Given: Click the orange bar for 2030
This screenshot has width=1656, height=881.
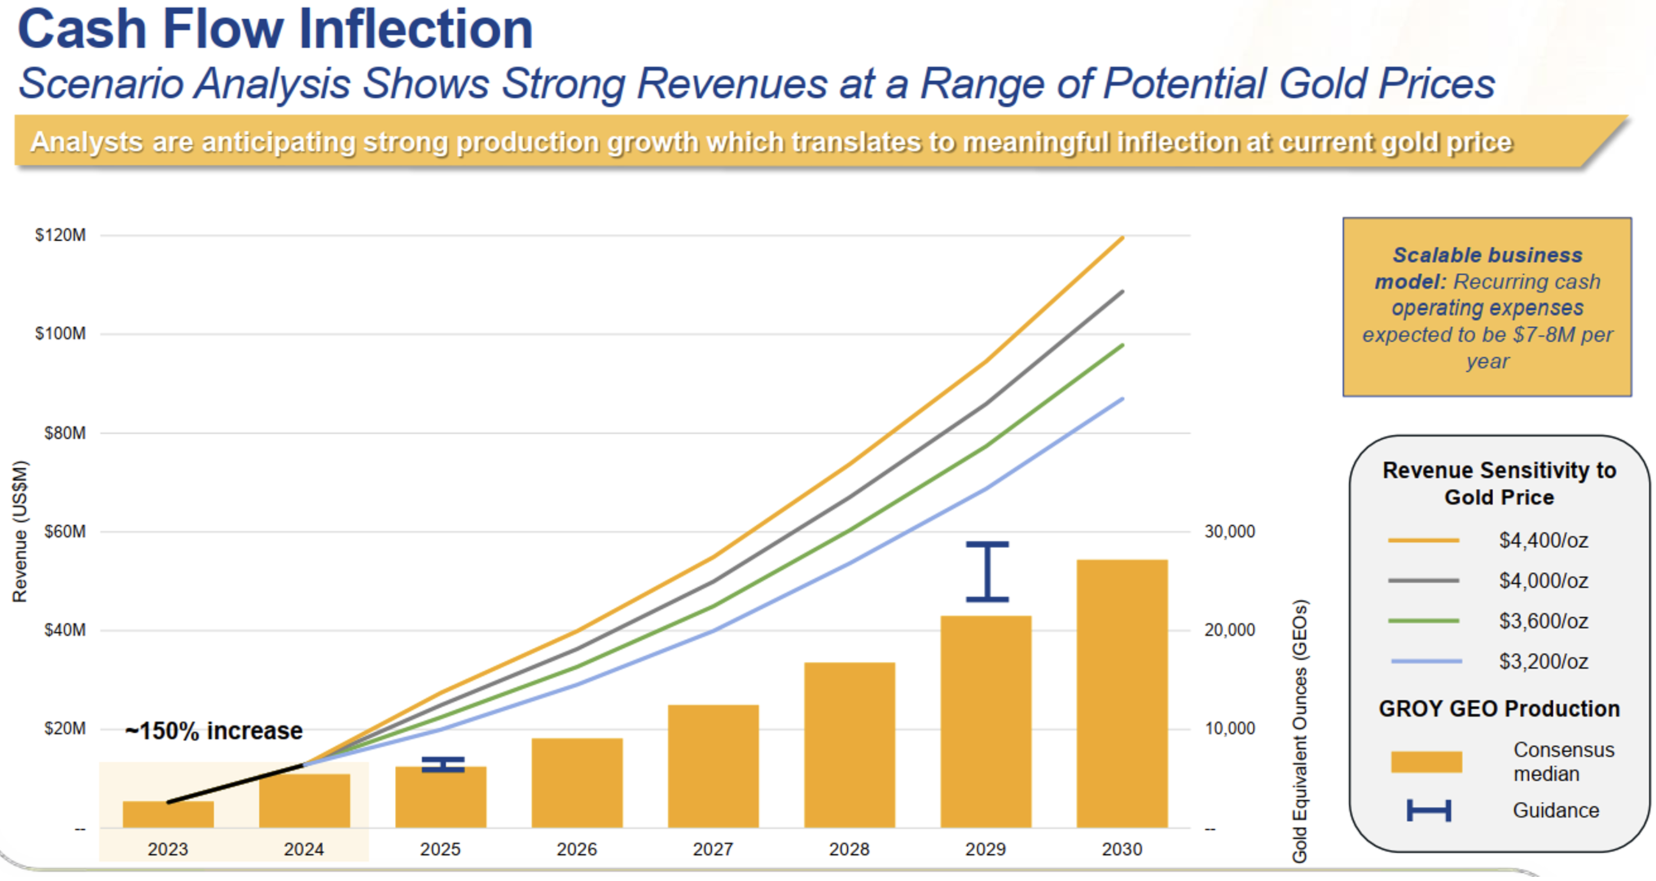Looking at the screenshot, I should click(1121, 694).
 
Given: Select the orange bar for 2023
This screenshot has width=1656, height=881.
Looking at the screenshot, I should click(168, 815).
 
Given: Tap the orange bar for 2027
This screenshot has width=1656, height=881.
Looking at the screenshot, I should click(713, 766).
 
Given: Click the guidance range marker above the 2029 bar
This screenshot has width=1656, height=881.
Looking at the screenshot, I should click(987, 572).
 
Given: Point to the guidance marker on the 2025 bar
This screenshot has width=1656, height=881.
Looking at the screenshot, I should click(443, 765).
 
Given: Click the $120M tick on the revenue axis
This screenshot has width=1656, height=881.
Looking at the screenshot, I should click(61, 236).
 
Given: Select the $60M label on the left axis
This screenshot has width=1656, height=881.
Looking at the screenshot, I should click(65, 532).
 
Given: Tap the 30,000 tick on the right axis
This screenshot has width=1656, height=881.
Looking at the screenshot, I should click(1229, 532).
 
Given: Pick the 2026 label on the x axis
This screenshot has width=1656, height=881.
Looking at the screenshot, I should click(576, 850).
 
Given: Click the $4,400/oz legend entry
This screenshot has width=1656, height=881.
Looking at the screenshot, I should click(1543, 541).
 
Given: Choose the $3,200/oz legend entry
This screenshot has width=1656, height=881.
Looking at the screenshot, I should click(1543, 661).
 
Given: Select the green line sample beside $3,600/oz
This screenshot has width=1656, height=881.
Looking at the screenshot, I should click(1423, 621).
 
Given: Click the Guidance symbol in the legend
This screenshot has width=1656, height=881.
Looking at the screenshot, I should click(1429, 811).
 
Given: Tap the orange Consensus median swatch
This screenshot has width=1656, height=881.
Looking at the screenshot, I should click(1426, 762).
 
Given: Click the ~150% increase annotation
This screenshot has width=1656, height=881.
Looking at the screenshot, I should click(213, 731).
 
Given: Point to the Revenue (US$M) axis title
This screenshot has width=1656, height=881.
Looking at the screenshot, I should click(20, 531).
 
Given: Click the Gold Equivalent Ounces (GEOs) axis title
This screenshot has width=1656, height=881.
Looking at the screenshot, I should click(1300, 730).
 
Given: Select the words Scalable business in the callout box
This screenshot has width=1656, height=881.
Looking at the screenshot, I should click(1487, 255).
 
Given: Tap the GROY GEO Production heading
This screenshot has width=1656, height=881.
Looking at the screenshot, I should click(1498, 709).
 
